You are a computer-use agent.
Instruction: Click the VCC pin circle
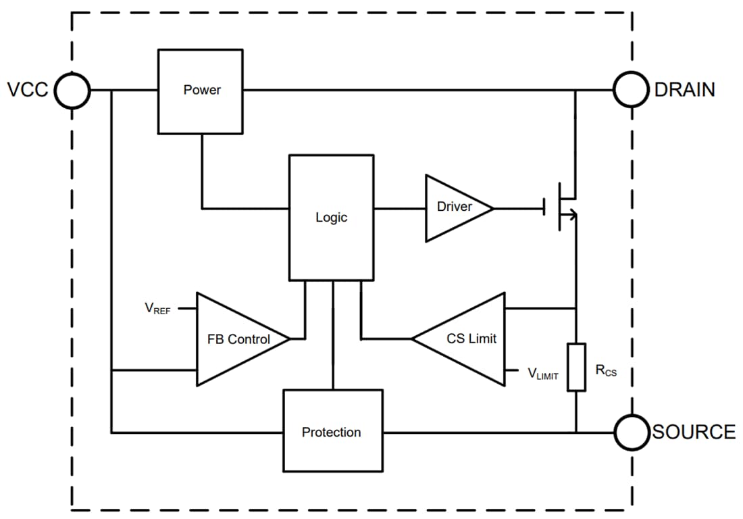pyautogui.click(x=72, y=90)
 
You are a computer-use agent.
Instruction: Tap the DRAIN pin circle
pyautogui.click(x=632, y=90)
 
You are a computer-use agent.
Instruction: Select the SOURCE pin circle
pyautogui.click(x=632, y=432)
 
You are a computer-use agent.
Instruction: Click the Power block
pyautogui.click(x=201, y=91)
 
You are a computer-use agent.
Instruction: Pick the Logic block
pyautogui.click(x=331, y=217)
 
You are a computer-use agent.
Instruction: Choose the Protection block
pyautogui.click(x=332, y=431)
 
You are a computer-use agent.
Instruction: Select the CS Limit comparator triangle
pyautogui.click(x=466, y=339)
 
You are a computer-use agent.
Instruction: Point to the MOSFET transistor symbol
pyautogui.click(x=562, y=207)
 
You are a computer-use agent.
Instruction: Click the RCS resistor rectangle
pyautogui.click(x=576, y=367)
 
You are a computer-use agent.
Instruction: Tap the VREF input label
pyautogui.click(x=157, y=309)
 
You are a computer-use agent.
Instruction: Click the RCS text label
pyautogui.click(x=606, y=370)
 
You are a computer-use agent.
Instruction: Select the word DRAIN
pyautogui.click(x=685, y=90)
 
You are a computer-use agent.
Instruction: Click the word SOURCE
pyautogui.click(x=694, y=432)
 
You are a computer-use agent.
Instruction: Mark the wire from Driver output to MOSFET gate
pyautogui.click(x=519, y=208)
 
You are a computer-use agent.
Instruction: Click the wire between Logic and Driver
pyautogui.click(x=399, y=208)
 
